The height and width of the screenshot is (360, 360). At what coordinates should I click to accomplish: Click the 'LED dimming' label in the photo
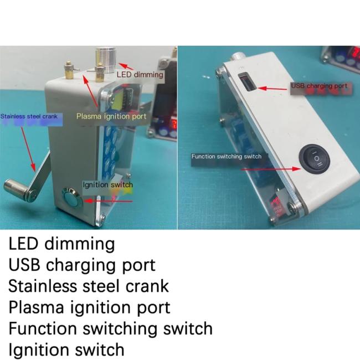[140, 74]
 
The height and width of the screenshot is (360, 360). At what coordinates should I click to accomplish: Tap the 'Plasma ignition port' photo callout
[111, 116]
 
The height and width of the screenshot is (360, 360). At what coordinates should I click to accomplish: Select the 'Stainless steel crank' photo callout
[28, 117]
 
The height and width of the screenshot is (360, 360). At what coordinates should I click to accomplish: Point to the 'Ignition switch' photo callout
[107, 184]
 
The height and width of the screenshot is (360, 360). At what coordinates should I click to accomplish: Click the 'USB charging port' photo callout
[319, 86]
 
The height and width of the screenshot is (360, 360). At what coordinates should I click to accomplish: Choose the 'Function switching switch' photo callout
[226, 157]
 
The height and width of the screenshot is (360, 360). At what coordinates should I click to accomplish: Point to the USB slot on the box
[245, 83]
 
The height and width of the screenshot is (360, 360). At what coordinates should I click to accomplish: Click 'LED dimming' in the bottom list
[61, 244]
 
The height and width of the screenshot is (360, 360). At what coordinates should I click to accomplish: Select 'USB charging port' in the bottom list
[81, 265]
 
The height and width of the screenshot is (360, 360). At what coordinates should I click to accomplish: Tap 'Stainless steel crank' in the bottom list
[89, 286]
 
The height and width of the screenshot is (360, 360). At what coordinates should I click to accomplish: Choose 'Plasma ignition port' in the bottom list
[89, 307]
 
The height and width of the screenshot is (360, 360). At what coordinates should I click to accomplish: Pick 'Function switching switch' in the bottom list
[110, 328]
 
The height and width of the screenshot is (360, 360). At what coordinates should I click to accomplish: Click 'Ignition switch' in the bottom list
[66, 349]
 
